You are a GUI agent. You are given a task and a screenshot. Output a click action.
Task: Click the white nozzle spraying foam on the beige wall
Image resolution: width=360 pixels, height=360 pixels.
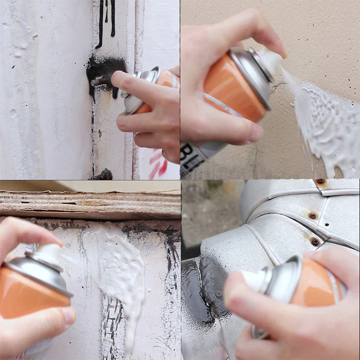tap(269, 60)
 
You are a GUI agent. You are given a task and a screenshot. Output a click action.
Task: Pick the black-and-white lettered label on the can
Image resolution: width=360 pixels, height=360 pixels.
tap(194, 159)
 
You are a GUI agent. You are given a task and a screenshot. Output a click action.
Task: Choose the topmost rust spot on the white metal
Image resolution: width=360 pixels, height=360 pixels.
tap(321, 182)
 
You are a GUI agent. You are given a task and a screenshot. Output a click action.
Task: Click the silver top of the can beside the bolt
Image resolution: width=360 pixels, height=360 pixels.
tap(139, 89)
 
